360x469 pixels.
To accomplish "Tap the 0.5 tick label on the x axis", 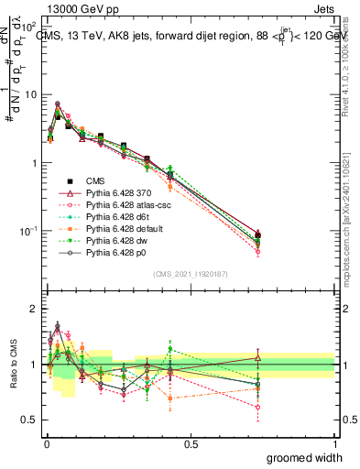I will [x=191, y=443].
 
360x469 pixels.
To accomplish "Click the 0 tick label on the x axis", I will [x=46, y=443].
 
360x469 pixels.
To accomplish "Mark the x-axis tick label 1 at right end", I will [x=334, y=443].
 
